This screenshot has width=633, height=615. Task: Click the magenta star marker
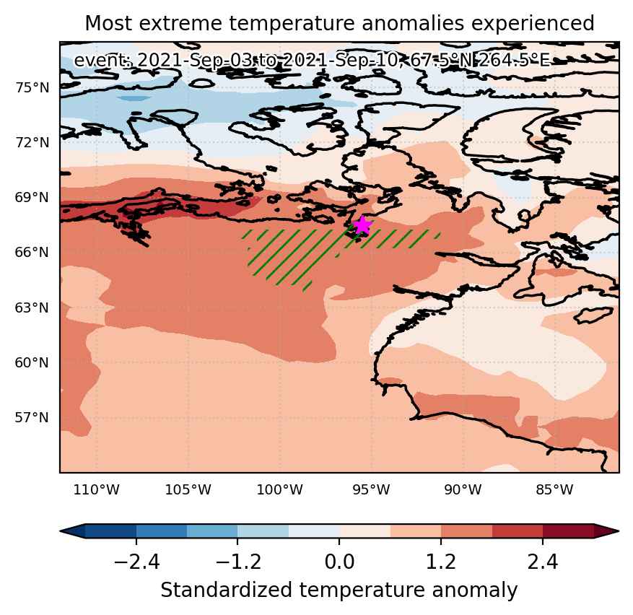(362, 225)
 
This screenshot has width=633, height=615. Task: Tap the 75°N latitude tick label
(32, 87)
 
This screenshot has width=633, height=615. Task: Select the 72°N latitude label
(32, 142)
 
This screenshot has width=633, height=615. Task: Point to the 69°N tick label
(32, 198)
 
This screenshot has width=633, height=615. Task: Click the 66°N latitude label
(32, 253)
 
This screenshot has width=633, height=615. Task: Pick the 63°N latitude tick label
(32, 307)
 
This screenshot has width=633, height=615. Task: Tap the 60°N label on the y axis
(32, 362)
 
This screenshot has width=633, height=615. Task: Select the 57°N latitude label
(32, 417)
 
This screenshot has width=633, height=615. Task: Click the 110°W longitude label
(97, 490)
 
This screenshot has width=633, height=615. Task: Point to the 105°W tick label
(188, 490)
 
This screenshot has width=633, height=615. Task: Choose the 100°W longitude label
(280, 490)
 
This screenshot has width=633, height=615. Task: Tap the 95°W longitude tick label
(372, 490)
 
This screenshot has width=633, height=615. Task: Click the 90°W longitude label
(463, 490)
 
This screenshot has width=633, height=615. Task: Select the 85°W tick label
(554, 490)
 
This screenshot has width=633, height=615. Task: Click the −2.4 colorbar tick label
(137, 562)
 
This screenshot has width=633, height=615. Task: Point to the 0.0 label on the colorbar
(339, 562)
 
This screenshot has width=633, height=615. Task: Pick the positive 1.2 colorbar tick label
(441, 562)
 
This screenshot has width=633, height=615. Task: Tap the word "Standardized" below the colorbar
(227, 590)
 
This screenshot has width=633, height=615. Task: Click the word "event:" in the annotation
(103, 61)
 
